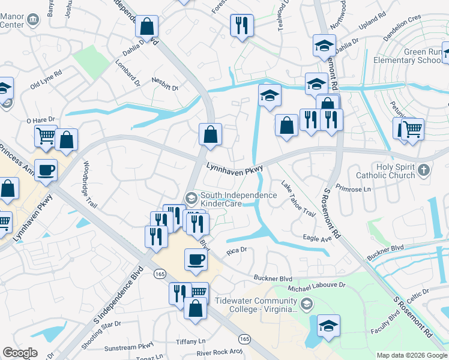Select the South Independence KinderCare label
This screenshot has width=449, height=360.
tap(238, 199)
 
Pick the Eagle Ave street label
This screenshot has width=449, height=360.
tap(318, 238)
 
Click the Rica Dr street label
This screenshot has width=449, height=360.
tap(237, 253)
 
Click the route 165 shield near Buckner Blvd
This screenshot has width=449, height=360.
tap(160, 273)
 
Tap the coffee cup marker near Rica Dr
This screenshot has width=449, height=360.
tap(196, 259)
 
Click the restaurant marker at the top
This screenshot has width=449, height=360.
tap(242, 26)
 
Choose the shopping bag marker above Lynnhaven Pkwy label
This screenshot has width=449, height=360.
tap(210, 134)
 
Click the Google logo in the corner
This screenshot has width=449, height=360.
tap(19, 353)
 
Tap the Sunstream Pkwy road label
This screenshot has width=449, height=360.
tap(129, 347)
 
